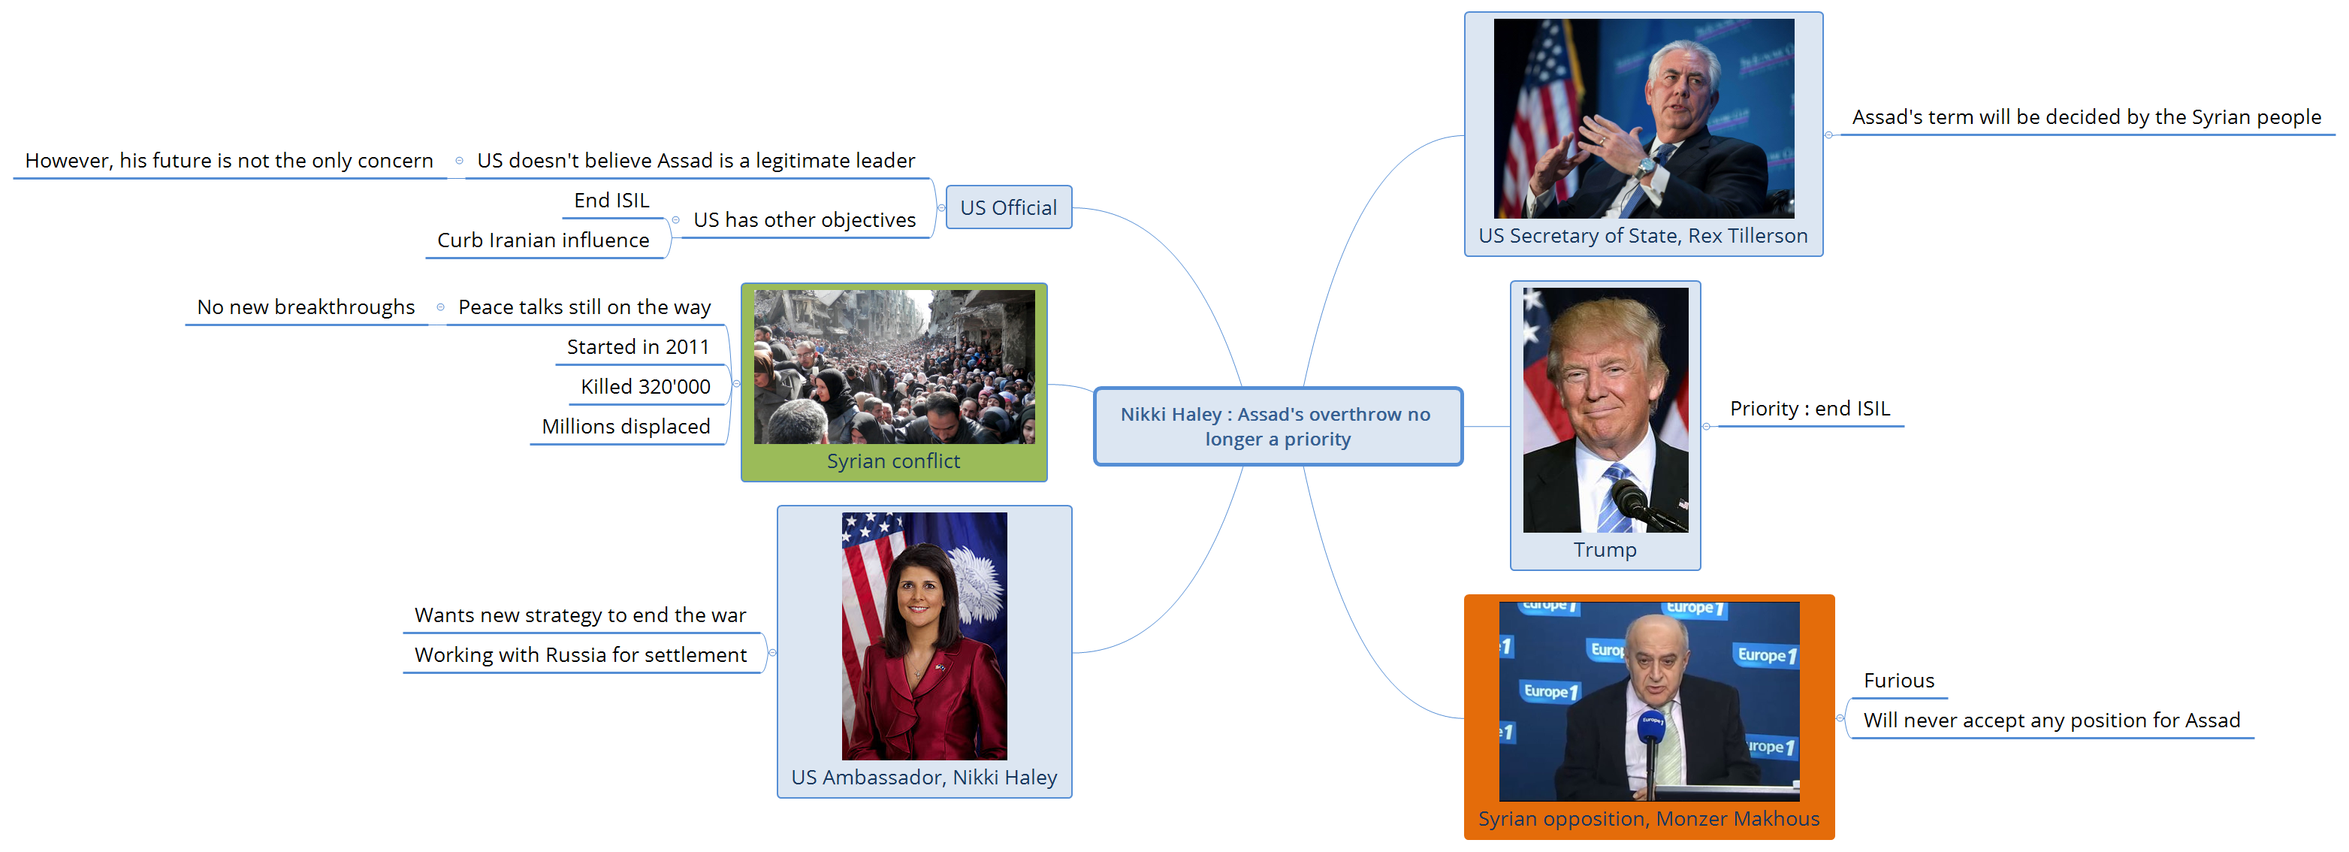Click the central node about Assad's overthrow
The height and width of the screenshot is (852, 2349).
tap(1278, 426)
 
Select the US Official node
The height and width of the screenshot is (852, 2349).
tap(1009, 207)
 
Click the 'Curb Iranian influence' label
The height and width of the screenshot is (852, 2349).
tap(543, 240)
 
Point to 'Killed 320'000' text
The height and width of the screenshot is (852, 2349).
tap(645, 387)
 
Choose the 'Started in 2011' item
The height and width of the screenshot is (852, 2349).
tap(639, 346)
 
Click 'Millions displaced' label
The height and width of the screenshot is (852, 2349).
tap(627, 426)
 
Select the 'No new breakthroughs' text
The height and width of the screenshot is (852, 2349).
tap(306, 307)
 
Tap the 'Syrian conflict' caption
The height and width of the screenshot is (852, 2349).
tap(894, 461)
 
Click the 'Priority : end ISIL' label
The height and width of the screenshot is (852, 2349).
tap(1810, 408)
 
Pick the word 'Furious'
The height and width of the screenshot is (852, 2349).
tap(1898, 681)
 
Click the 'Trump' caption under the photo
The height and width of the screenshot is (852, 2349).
tap(1605, 550)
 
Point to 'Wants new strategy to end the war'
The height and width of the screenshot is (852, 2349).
tap(580, 615)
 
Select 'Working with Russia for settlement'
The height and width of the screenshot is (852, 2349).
tap(581, 655)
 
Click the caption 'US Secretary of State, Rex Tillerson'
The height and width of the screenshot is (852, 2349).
tap(1643, 235)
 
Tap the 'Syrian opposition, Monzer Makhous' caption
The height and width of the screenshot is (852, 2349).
tap(1649, 818)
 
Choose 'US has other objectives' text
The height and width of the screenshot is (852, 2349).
tap(805, 220)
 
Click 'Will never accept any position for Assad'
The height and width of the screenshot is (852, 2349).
tap(2052, 721)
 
